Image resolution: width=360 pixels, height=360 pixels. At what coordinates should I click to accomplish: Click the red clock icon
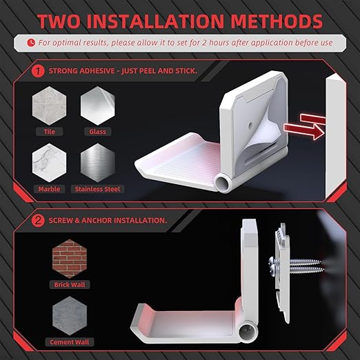click(31, 43)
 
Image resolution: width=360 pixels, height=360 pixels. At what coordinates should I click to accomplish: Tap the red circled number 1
click(38, 71)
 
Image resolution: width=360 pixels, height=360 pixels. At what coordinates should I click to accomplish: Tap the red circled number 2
click(38, 221)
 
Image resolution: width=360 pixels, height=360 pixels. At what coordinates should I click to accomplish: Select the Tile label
click(50, 132)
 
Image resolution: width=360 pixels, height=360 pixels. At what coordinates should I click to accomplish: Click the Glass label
click(98, 132)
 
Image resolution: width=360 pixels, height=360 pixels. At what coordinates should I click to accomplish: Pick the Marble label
click(49, 189)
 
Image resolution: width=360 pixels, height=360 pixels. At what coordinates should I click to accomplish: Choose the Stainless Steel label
click(97, 189)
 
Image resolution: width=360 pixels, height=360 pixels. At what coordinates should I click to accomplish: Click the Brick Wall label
click(70, 285)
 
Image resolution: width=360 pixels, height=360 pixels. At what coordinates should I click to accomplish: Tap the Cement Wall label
click(70, 342)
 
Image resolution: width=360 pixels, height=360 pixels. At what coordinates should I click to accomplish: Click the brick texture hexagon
click(70, 259)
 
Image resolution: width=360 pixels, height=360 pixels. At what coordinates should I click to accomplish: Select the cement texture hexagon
click(70, 316)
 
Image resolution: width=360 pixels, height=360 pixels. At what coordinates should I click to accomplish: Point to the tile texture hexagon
click(49, 106)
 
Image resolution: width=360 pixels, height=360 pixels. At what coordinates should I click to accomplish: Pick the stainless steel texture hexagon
click(98, 163)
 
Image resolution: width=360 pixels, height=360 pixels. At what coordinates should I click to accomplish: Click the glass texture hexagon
click(98, 106)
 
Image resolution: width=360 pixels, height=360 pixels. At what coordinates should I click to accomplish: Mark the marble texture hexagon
click(49, 163)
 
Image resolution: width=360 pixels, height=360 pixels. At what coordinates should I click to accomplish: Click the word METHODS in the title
click(277, 21)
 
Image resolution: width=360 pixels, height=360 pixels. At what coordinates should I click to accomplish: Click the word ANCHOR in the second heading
click(97, 221)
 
